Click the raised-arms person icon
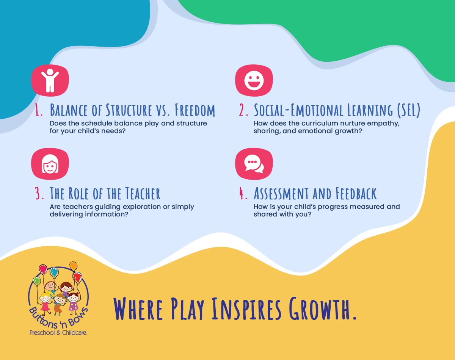point(50,80)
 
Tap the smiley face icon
point(254,80)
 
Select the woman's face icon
point(50,164)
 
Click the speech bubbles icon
point(254,164)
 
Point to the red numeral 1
point(38,110)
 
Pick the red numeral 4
point(243,194)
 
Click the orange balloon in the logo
point(74,266)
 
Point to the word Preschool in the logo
point(42,333)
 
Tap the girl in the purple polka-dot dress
point(73,302)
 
